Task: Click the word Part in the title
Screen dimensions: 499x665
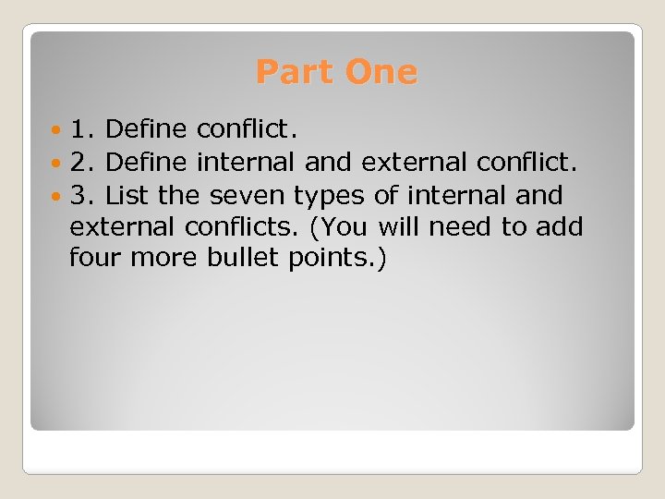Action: pyautogui.click(x=292, y=71)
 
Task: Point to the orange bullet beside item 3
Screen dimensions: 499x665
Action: pyautogui.click(x=58, y=196)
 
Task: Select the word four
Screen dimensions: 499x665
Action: pyautogui.click(x=96, y=257)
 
